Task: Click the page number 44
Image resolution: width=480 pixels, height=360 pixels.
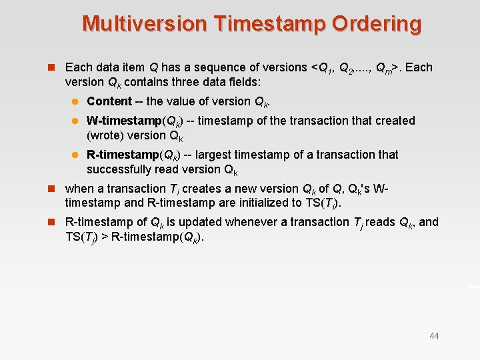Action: pyautogui.click(x=434, y=336)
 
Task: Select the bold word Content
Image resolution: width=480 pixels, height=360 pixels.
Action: pyautogui.click(x=109, y=101)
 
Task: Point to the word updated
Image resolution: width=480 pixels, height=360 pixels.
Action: pyautogui.click(x=191, y=222)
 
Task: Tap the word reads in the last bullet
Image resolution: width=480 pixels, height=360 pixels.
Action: pyautogui.click(x=380, y=222)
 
